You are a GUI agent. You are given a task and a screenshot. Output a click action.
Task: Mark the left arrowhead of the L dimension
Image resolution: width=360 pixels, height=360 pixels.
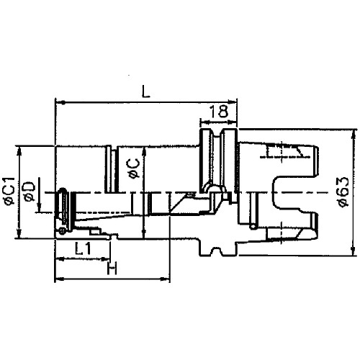pos(58,102)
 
